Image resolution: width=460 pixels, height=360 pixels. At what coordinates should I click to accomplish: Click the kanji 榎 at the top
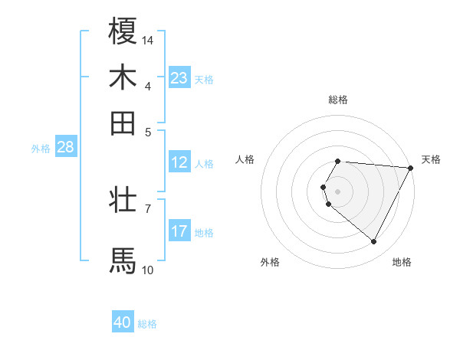tap(123, 31)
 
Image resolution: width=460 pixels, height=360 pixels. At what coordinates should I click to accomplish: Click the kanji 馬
tap(123, 260)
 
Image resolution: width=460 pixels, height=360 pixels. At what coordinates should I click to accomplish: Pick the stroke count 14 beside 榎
tap(148, 40)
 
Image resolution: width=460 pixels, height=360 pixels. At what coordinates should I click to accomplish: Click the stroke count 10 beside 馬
tap(148, 270)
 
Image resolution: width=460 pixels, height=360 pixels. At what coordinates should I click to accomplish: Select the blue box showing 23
tap(179, 78)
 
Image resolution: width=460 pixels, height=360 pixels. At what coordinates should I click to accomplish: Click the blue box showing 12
tap(179, 162)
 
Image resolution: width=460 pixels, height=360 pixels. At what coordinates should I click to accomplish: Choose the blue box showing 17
tap(179, 231)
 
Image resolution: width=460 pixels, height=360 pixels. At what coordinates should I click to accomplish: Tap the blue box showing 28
tap(65, 148)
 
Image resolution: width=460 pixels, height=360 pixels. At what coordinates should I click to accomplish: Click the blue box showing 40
tap(123, 323)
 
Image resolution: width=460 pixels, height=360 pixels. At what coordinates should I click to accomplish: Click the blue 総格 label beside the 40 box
tap(148, 324)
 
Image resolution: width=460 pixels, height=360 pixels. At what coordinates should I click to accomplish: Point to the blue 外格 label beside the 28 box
tap(41, 149)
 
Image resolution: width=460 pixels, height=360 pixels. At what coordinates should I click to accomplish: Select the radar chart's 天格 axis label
tap(431, 159)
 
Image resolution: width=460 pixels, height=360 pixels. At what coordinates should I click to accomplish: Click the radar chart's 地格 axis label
tap(402, 262)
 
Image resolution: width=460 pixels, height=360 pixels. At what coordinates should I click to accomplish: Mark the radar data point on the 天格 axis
tap(411, 168)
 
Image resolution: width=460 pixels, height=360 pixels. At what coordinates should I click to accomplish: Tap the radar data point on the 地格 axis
tap(374, 242)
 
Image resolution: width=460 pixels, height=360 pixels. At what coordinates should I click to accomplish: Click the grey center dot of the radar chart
tap(338, 191)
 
